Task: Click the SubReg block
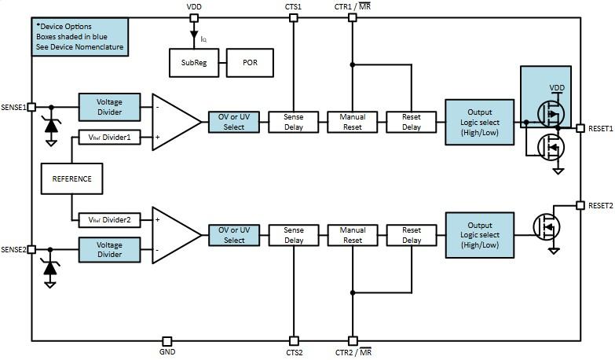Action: tap(194, 63)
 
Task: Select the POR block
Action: tap(250, 63)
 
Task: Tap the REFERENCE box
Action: tap(71, 178)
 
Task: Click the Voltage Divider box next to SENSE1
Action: tap(109, 107)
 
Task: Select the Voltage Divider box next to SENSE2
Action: tap(109, 250)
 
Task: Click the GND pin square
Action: tap(167, 341)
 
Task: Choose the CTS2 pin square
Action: tap(294, 341)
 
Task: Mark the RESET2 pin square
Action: tap(580, 205)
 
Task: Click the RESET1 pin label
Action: tap(600, 128)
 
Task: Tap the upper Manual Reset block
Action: tap(353, 122)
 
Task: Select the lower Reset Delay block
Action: tap(412, 235)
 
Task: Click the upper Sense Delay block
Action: tap(294, 122)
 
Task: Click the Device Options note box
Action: tap(79, 37)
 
